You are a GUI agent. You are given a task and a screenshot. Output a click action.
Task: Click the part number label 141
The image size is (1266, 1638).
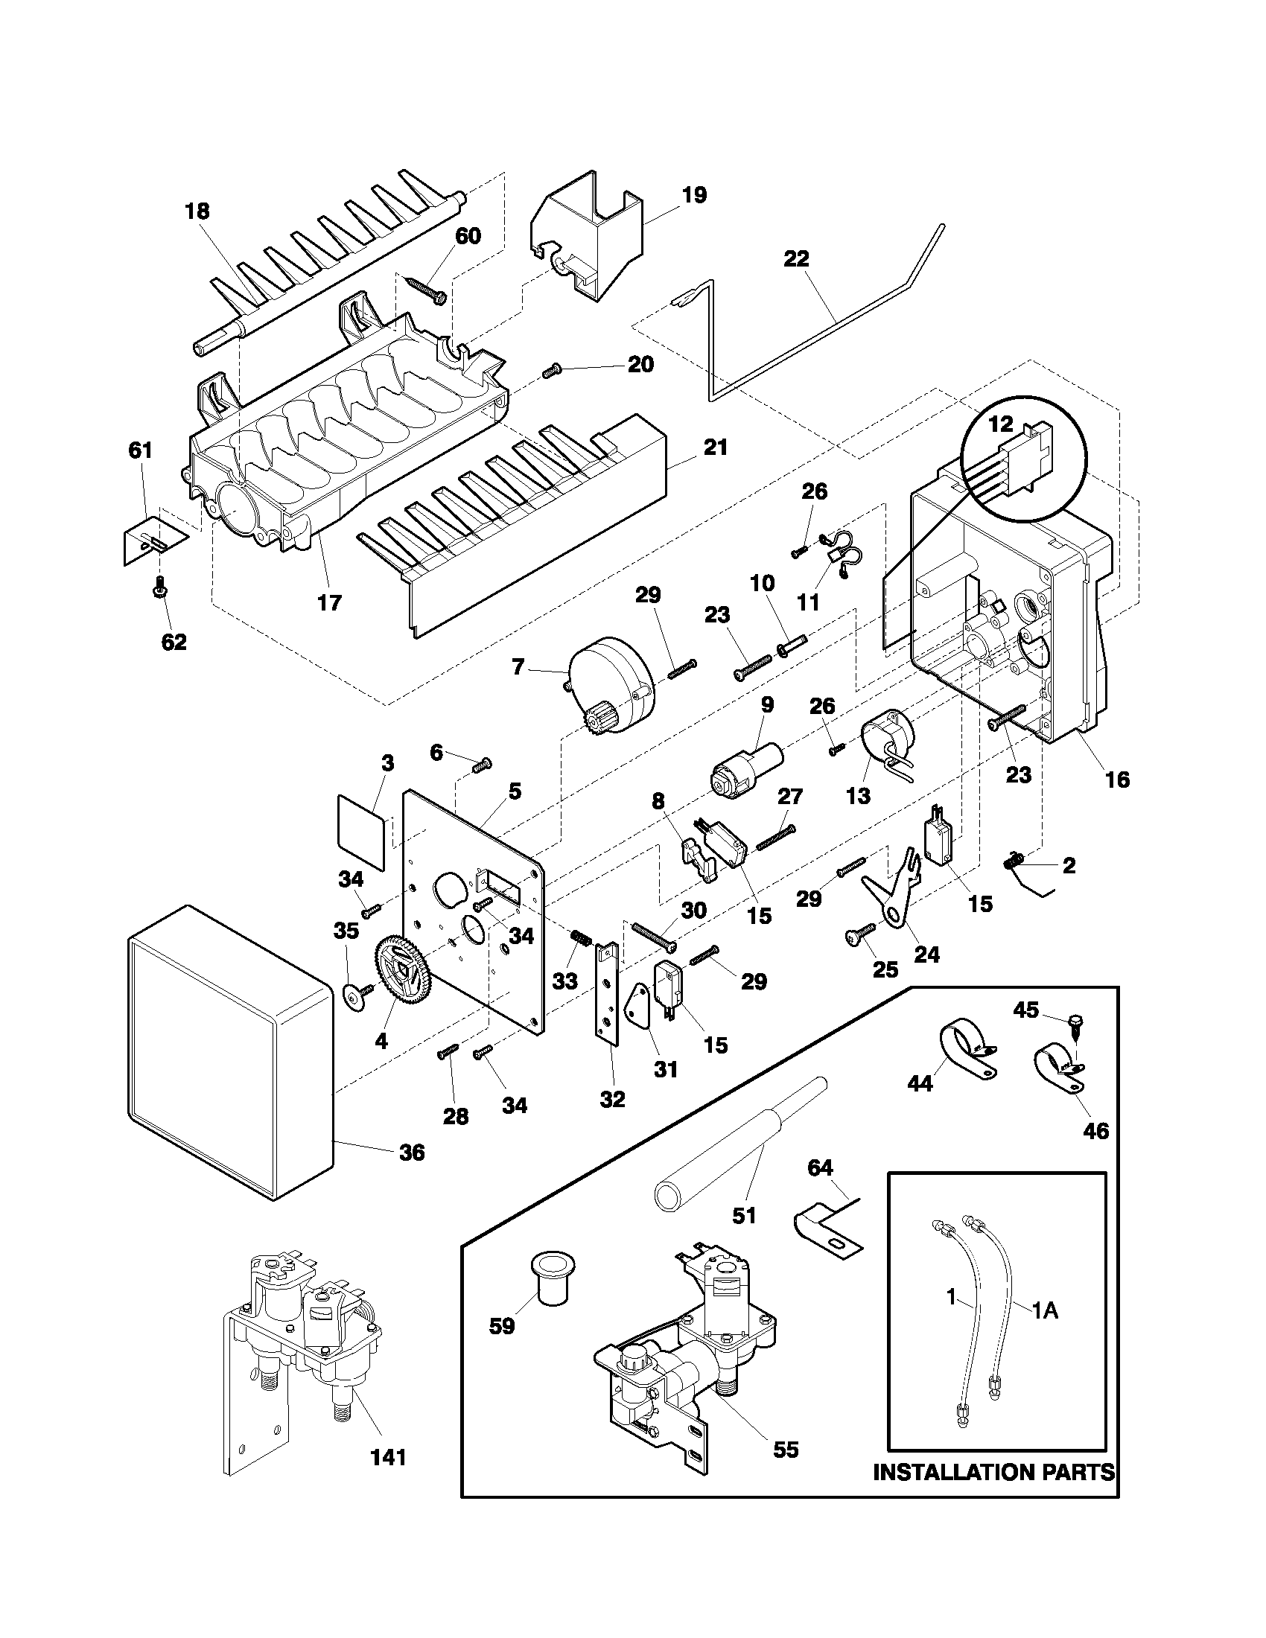(x=389, y=1479)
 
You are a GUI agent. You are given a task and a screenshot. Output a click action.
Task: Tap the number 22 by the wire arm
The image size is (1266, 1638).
(x=797, y=260)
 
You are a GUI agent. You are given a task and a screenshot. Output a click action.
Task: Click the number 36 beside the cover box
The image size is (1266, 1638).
(x=412, y=1152)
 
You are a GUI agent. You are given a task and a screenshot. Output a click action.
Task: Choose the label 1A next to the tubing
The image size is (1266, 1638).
(x=1044, y=1310)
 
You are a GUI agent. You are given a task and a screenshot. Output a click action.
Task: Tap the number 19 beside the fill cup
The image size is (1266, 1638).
(x=694, y=196)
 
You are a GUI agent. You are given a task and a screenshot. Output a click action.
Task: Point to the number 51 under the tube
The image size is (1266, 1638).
(x=743, y=1216)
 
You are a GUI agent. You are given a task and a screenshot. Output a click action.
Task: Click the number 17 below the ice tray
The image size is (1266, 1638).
(x=329, y=602)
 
